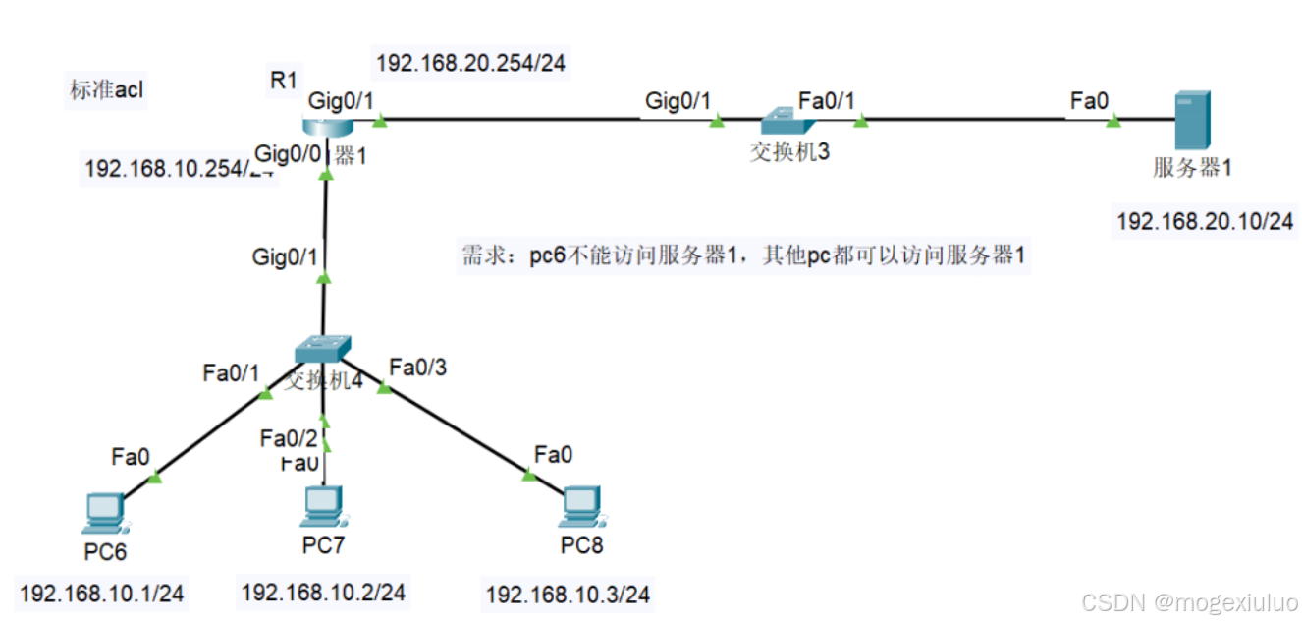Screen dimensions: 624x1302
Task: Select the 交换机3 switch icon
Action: (787, 120)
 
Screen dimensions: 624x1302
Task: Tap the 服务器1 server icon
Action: (1193, 120)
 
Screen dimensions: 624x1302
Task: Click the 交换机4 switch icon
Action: (323, 349)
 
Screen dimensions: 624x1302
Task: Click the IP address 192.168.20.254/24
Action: (471, 64)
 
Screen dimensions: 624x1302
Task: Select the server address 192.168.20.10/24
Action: (1205, 222)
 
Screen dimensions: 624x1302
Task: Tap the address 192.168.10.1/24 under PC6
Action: (102, 594)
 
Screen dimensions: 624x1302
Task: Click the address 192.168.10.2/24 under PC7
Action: (323, 592)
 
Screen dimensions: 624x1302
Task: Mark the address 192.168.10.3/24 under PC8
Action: (568, 595)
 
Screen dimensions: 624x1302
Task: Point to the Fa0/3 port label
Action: (417, 368)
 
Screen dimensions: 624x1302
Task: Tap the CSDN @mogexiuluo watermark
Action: (1188, 600)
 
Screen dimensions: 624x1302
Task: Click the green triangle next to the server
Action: (1112, 122)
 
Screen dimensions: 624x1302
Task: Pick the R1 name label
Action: (283, 81)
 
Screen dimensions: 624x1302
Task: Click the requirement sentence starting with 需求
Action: (743, 256)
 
